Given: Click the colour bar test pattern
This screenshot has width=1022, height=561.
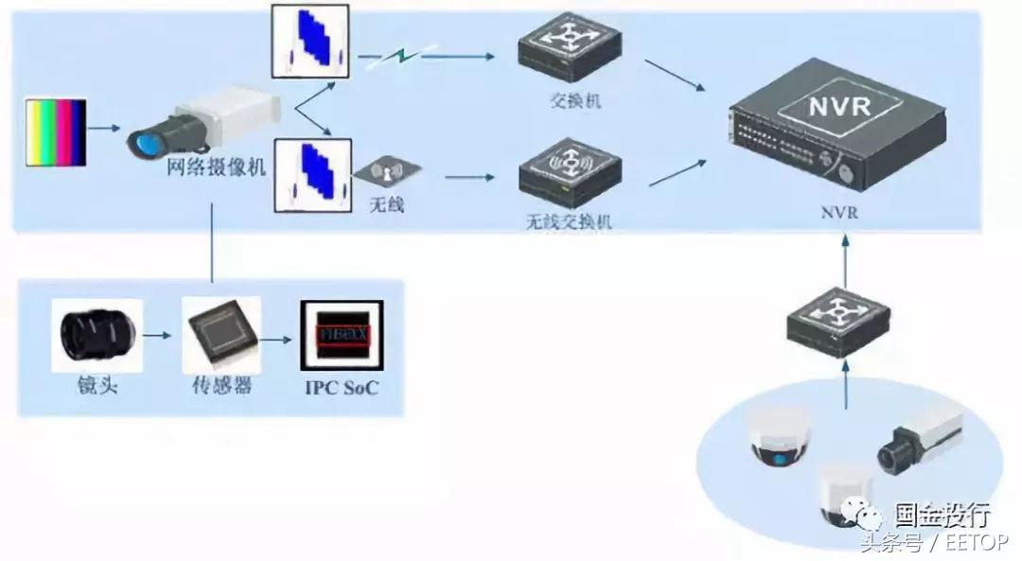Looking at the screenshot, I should [56, 132].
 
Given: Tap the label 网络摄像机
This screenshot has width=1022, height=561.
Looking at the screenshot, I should [216, 169].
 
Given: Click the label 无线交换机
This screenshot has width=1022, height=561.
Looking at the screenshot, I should [568, 221].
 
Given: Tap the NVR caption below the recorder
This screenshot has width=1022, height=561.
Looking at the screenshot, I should [839, 212].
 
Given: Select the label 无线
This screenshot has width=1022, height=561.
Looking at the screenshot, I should [385, 202].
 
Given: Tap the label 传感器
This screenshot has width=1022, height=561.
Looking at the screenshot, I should [221, 386].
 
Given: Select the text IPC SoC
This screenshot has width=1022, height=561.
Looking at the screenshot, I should [341, 387].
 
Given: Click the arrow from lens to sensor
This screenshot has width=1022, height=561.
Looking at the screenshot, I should [160, 336].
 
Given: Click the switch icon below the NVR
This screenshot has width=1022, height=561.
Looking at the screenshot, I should [838, 322].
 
